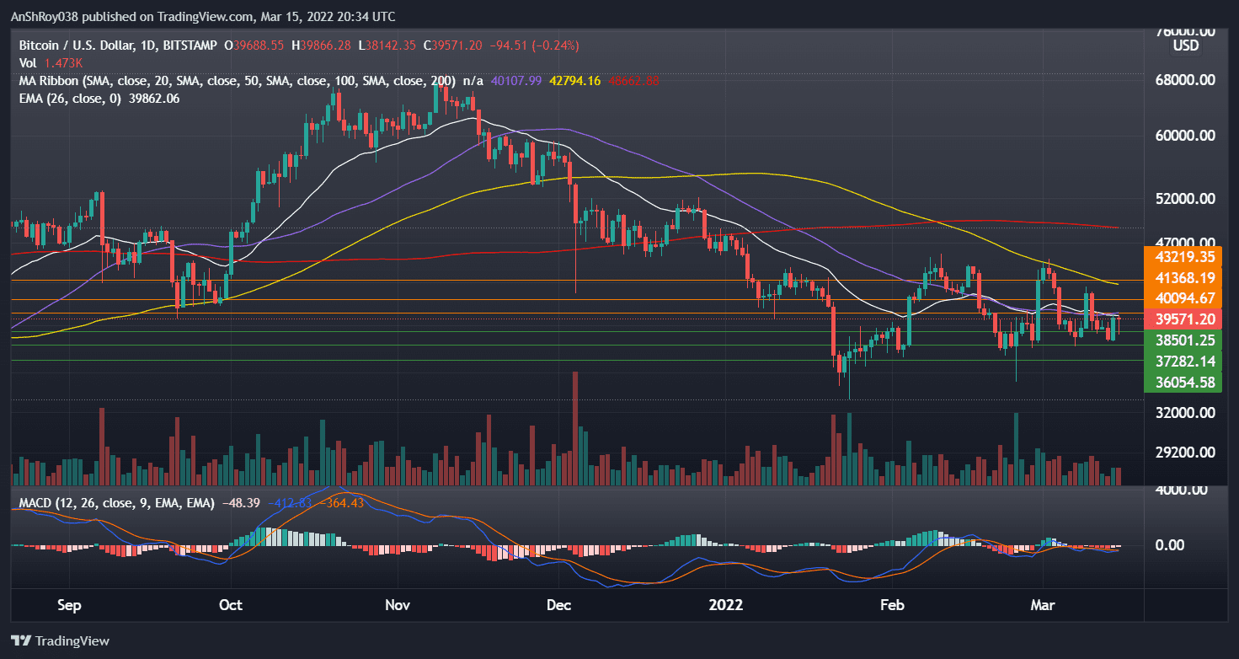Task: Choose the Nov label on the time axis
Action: (x=397, y=604)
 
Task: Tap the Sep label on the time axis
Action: (x=71, y=604)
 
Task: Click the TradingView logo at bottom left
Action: (x=60, y=640)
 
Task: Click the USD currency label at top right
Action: (x=1186, y=46)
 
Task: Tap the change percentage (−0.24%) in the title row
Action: (x=553, y=45)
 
